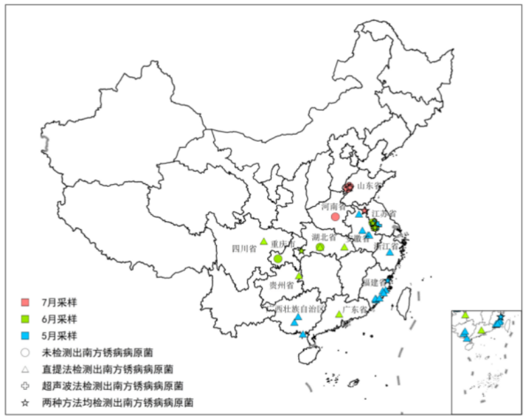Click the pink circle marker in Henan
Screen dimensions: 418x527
335,217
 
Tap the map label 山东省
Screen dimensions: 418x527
369,185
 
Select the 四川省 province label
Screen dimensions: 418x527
244,249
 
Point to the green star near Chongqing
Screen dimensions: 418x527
302,251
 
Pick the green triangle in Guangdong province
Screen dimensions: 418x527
339,314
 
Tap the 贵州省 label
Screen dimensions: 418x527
281,285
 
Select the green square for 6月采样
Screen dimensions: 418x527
25,318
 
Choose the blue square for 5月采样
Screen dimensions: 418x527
25,335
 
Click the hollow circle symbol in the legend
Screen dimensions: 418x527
25,351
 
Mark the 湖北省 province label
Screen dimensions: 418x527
324,237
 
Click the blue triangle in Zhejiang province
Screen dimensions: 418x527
389,253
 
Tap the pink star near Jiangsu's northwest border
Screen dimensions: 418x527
365,212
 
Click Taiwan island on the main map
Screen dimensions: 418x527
405,299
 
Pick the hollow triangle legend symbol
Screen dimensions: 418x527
25,369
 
